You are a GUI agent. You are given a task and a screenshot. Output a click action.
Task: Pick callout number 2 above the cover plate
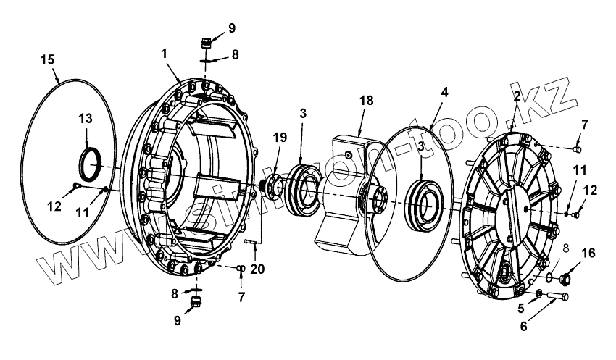click(x=517, y=96)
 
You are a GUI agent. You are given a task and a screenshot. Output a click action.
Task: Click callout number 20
click(x=257, y=269)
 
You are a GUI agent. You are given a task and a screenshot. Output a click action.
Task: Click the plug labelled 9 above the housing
click(x=207, y=41)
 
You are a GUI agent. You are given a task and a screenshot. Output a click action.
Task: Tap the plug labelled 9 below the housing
click(x=193, y=301)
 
